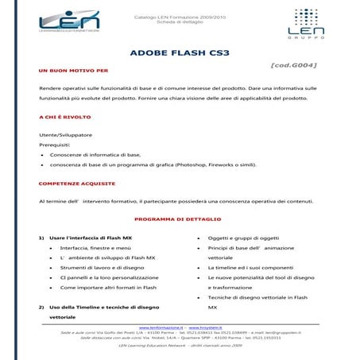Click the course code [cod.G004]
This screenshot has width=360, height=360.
point(295,67)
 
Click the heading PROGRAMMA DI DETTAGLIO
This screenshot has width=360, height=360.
point(177,219)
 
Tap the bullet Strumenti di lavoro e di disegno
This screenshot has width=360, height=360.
point(106,268)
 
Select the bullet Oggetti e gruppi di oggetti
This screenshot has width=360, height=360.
point(242,238)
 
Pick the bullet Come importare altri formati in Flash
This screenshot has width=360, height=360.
point(112,288)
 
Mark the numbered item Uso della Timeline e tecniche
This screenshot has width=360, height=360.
point(103,307)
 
